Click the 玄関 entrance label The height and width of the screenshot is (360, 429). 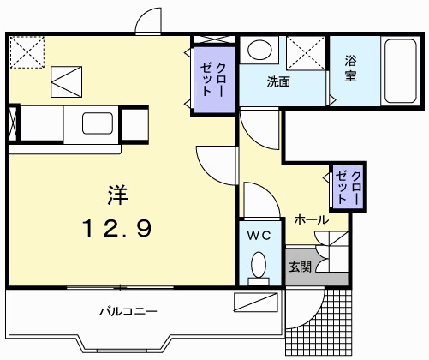click(299, 265)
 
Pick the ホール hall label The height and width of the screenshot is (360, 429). click(310, 220)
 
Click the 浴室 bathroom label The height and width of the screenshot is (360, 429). click(351, 69)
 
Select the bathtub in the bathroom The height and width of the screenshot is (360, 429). click(398, 72)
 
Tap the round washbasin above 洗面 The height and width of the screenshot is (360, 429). click(260, 50)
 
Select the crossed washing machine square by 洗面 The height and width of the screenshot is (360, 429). click(303, 53)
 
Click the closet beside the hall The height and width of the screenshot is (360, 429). click(347, 186)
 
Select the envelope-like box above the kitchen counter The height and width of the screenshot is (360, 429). click(67, 82)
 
